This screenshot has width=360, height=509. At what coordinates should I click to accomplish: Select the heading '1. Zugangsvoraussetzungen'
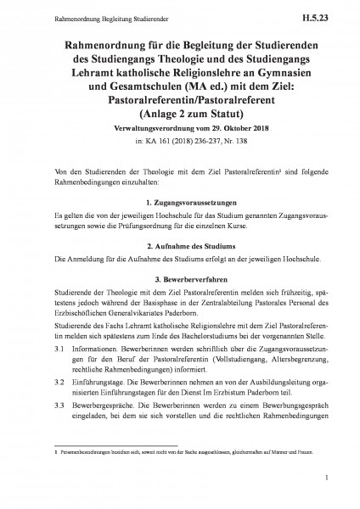coord(180,204)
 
